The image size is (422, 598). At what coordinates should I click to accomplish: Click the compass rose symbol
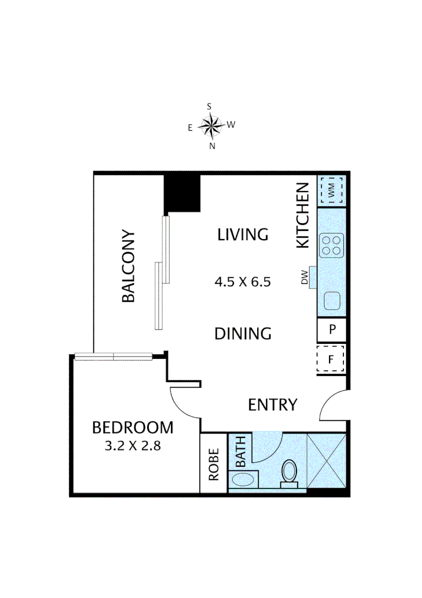pos(211,126)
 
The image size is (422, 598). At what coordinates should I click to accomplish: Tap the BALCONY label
pos(128,266)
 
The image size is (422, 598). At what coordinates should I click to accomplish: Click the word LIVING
pos(242,234)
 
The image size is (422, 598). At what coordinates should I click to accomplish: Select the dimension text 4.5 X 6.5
pos(242,282)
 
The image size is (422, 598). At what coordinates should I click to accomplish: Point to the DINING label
pos(243,334)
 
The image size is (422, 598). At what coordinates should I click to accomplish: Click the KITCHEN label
pos(303,215)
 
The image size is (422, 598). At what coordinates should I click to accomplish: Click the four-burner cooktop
pos(332,245)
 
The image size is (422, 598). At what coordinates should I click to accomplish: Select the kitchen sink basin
pos(332,301)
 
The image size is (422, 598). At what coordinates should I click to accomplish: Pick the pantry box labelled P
pos(332,329)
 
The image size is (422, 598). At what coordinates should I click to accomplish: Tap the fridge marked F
pos(331,359)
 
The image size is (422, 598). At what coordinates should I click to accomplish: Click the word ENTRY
pos(273,405)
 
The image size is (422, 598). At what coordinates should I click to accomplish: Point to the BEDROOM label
pos(132,427)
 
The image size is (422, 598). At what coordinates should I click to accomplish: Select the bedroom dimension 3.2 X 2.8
pos(132,446)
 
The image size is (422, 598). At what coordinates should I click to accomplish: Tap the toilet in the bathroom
pos(289,474)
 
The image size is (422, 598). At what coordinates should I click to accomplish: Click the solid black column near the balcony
pos(183,193)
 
